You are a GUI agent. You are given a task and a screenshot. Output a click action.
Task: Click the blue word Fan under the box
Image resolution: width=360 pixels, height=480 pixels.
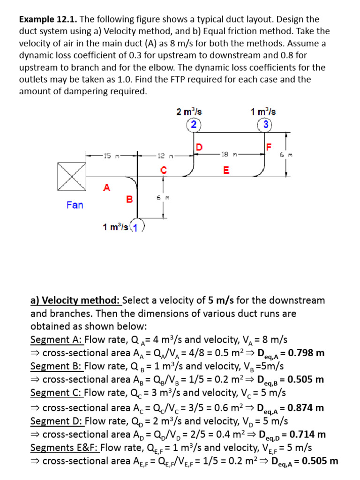75,205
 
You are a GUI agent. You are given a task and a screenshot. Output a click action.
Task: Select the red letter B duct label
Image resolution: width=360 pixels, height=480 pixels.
129,200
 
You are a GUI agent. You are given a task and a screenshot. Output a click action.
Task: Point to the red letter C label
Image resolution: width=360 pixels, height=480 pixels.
163,170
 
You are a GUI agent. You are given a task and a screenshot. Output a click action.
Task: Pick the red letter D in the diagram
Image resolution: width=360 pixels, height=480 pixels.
199,147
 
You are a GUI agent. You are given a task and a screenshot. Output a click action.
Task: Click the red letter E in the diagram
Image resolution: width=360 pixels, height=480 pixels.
226,171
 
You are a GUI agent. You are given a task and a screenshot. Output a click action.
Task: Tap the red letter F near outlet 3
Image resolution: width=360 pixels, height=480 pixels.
269,147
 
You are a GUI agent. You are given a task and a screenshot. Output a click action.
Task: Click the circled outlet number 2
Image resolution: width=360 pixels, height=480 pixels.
193,124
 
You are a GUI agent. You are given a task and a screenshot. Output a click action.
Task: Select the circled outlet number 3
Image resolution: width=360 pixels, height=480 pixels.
265,124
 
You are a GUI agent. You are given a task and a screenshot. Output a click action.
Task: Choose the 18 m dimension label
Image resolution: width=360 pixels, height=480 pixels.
226,155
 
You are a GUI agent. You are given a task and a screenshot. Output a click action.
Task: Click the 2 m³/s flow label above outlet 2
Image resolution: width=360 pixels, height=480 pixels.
189,112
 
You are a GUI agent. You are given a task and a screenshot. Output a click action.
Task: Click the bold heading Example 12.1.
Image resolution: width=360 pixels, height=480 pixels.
48,20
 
